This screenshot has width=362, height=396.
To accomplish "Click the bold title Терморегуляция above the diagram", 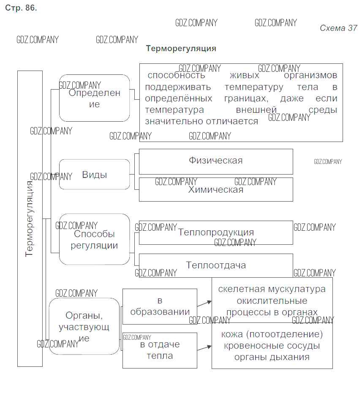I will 181,49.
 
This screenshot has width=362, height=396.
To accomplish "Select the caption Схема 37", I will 338,28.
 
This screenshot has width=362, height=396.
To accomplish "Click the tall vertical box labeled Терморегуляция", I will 30,218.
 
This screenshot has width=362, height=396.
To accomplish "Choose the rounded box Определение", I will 94,98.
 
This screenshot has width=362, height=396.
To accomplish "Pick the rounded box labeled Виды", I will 94,175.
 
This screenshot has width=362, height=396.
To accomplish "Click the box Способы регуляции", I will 94,239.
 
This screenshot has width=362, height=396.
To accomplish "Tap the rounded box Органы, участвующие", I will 84,326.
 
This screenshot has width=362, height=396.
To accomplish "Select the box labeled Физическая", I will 216,161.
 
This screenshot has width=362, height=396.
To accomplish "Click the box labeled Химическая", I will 216,190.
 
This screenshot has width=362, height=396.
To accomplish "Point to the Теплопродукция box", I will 216,232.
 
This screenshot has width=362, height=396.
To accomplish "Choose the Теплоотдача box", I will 216,265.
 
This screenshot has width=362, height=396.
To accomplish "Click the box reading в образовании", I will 160,306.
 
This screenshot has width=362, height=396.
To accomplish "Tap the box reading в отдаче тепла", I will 160,350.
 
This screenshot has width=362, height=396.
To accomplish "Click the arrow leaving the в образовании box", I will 204,303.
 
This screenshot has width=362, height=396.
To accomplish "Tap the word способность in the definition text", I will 177,76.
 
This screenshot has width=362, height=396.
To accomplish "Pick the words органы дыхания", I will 272,357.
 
